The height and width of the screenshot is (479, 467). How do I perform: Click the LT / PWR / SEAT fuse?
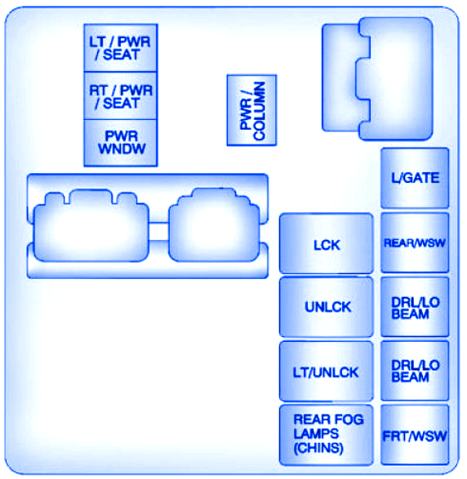121,48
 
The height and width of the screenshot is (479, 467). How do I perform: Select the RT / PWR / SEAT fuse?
121,96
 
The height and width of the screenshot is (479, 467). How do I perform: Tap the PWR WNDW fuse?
121,143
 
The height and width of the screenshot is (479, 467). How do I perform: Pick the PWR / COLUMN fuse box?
251,110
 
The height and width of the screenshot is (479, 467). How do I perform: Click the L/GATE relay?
415,178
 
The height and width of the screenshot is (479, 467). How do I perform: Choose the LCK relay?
327,243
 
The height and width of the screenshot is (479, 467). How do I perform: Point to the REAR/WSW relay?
415,243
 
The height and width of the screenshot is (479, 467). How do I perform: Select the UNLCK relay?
327,307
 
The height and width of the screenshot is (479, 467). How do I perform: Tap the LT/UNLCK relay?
327,371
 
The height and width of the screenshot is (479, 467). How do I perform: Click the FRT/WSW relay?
415,435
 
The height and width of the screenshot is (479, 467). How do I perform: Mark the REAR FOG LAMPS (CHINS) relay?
327,435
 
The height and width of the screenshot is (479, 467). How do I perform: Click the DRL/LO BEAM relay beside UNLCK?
415,307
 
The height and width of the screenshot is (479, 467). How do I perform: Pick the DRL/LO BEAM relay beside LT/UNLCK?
415,370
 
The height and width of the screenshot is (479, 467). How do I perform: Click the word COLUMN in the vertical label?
259,111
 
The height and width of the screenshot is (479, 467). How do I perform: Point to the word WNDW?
122,149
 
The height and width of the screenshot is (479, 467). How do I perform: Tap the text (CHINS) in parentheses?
318,448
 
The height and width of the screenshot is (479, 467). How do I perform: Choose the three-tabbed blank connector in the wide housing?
91,226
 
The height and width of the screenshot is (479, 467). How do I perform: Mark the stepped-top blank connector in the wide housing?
214,225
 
